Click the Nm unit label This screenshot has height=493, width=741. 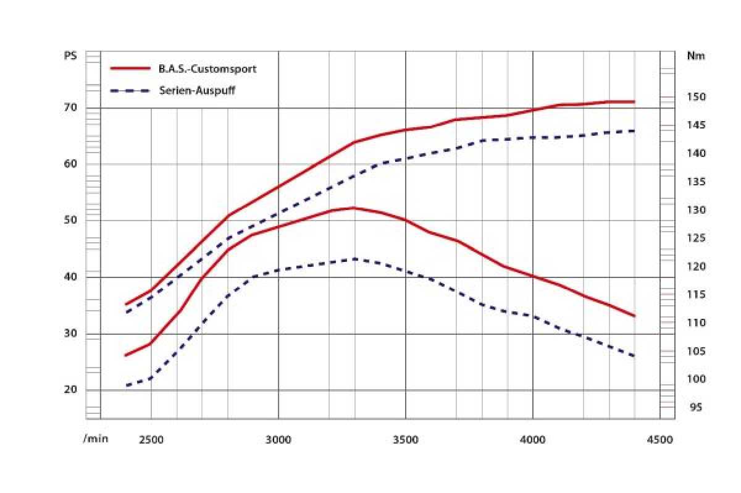click(x=696, y=56)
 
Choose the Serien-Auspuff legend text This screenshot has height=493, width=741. click(x=197, y=90)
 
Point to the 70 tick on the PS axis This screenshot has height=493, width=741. click(x=70, y=108)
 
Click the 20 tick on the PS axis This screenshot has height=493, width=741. click(x=70, y=390)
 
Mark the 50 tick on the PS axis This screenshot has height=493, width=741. click(x=70, y=221)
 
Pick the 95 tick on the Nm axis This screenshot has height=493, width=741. click(x=696, y=408)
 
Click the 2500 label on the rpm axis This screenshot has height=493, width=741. click(x=151, y=439)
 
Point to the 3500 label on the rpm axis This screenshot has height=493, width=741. click(x=406, y=439)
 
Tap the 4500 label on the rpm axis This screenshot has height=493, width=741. click(x=660, y=439)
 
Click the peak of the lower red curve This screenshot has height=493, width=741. click(x=354, y=208)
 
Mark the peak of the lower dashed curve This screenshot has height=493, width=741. click(x=355, y=259)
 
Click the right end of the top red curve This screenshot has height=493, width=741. click(x=635, y=101)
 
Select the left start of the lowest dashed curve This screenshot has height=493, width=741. click(x=126, y=386)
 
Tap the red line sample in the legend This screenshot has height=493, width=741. click(x=130, y=69)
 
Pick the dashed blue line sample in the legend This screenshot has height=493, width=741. click(x=130, y=91)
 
